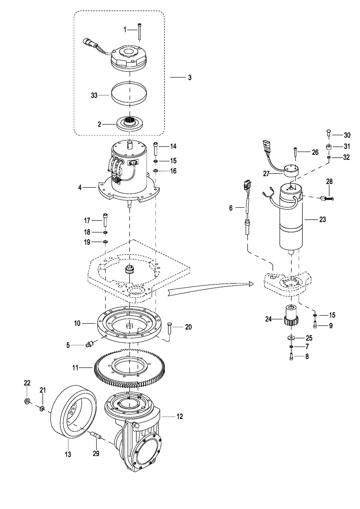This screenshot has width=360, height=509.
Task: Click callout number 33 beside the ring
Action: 94,95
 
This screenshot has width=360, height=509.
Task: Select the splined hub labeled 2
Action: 129,123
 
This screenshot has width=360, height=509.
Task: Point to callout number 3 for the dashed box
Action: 190,78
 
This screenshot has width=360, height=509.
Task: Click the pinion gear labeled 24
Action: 291,316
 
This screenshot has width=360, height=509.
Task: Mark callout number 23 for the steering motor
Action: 322,220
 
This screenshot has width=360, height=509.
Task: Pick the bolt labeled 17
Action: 105,220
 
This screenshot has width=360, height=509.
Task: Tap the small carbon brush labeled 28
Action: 327,198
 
